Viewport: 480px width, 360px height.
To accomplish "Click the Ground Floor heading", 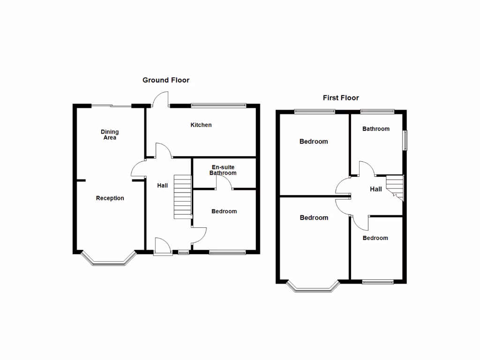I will tap(166, 80).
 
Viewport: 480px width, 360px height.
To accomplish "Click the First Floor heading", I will tap(341, 98).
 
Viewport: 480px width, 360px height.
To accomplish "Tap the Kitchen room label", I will tap(201, 125).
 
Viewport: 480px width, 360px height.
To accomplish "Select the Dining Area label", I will tap(110, 135).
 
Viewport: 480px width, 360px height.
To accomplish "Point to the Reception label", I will tap(110, 198).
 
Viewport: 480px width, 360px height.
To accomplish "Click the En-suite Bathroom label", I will tap(223, 170).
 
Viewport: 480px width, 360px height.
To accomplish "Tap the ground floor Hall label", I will tap(163, 186).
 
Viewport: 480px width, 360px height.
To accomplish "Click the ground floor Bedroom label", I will tap(224, 211).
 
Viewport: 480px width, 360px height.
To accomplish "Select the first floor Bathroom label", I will tap(376, 129).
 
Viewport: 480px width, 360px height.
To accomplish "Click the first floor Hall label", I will tap(376, 189).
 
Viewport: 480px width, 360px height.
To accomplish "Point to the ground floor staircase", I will tap(183, 197).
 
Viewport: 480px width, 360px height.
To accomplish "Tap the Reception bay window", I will tap(109, 261).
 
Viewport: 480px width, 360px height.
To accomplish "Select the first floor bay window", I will tap(313, 288).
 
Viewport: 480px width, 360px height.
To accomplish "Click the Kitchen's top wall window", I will tap(218, 105).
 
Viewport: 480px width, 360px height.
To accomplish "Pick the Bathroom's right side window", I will tap(406, 140).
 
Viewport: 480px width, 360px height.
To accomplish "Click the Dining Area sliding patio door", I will tap(112, 106).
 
